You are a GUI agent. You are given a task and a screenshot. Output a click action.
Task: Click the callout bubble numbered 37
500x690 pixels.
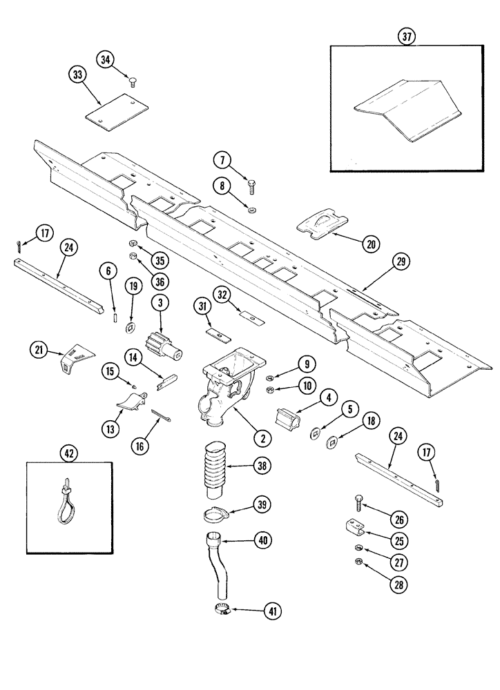407,37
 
